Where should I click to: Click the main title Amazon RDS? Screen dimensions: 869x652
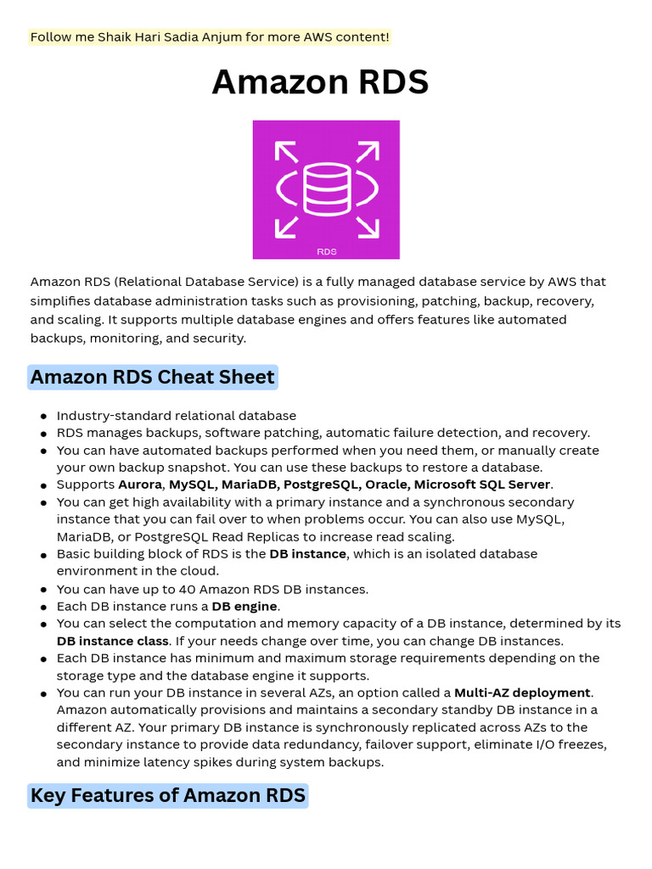point(320,82)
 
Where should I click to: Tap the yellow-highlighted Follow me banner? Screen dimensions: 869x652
point(209,37)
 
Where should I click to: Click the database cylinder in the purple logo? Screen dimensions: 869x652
point(326,188)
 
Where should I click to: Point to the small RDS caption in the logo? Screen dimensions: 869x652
point(326,251)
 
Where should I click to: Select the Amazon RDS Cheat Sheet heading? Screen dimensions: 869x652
point(153,377)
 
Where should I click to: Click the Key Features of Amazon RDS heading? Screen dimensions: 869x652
point(167,795)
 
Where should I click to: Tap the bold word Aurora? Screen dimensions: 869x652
point(139,485)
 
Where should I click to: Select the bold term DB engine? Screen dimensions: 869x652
point(244,606)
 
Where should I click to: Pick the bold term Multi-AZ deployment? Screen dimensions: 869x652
point(522,692)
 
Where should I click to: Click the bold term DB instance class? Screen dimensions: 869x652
point(113,641)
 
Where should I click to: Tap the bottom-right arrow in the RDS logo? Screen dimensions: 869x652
point(367,227)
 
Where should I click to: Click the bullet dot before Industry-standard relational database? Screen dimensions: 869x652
point(43,417)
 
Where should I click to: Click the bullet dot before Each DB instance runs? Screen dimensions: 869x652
point(43,607)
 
